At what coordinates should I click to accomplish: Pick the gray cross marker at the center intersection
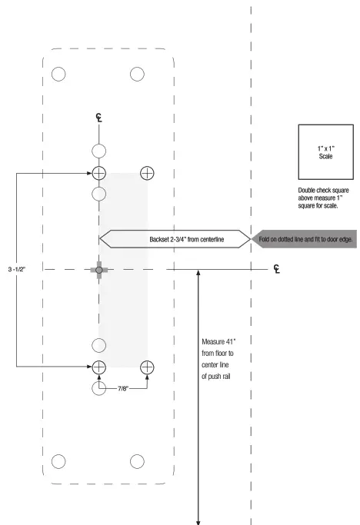99,269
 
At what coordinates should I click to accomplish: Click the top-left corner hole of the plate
58,74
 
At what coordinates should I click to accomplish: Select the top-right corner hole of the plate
138,74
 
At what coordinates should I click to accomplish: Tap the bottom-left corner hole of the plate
58,461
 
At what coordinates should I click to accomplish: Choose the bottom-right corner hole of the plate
138,461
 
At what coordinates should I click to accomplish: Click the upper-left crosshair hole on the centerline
99,172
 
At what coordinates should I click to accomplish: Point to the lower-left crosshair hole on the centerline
99,367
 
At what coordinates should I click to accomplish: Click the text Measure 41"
223,341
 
